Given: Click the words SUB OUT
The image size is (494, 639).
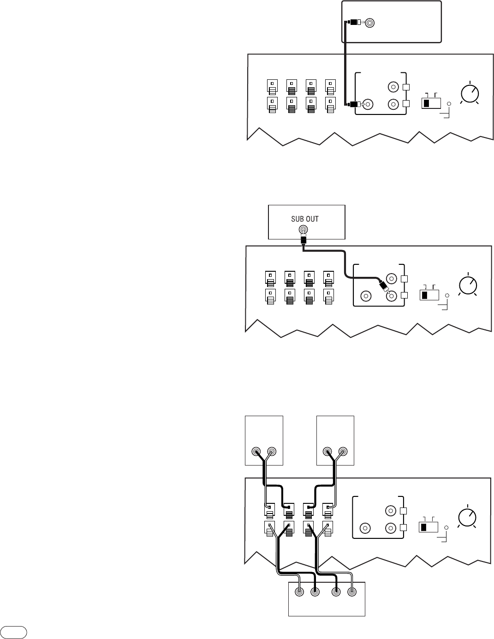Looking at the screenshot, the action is pos(305,219).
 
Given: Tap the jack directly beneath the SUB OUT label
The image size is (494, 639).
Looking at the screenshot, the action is pos(303,230).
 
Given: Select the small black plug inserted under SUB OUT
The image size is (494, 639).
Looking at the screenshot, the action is pos(303,240).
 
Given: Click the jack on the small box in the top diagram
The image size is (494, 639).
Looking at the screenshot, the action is pos(369,23).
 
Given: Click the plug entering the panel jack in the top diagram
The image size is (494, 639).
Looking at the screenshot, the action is pos(354,105).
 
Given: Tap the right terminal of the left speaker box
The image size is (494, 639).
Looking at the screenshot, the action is pos(271,452).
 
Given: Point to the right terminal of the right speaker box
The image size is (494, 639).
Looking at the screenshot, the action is pos(342,452).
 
